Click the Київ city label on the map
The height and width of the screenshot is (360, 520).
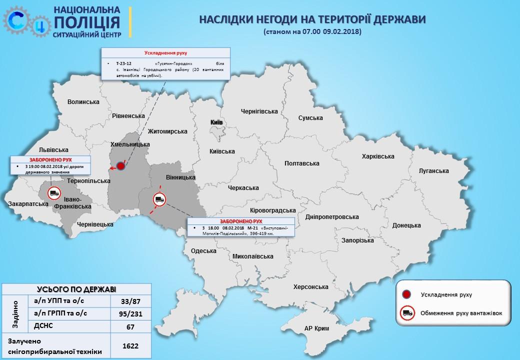(x=216, y=122)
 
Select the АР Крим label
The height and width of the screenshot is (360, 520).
(x=318, y=328)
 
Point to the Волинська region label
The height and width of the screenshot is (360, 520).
(x=83, y=102)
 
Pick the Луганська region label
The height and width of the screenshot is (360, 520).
(x=430, y=171)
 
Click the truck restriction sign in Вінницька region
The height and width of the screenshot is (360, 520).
(x=159, y=200)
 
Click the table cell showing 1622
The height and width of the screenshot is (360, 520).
(x=130, y=345)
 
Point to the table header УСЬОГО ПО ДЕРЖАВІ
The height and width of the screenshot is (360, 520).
(x=76, y=289)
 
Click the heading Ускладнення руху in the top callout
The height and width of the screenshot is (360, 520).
(x=165, y=53)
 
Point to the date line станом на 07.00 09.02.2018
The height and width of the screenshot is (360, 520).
(x=312, y=31)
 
